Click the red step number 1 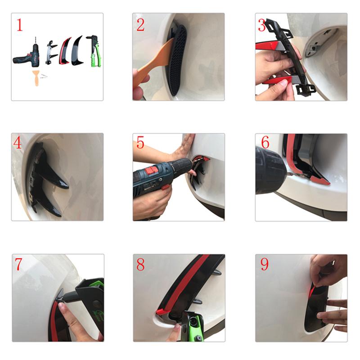click(x=20, y=25)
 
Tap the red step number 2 click(x=140, y=25)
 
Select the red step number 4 click(x=18, y=143)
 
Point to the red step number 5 click(x=140, y=143)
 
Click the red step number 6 click(x=265, y=142)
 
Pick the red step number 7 click(x=18, y=264)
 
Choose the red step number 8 click(x=140, y=264)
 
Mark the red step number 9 click(x=265, y=264)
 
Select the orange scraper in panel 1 click(x=36, y=77)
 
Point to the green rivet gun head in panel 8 click(x=193, y=325)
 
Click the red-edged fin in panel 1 click(x=64, y=51)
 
